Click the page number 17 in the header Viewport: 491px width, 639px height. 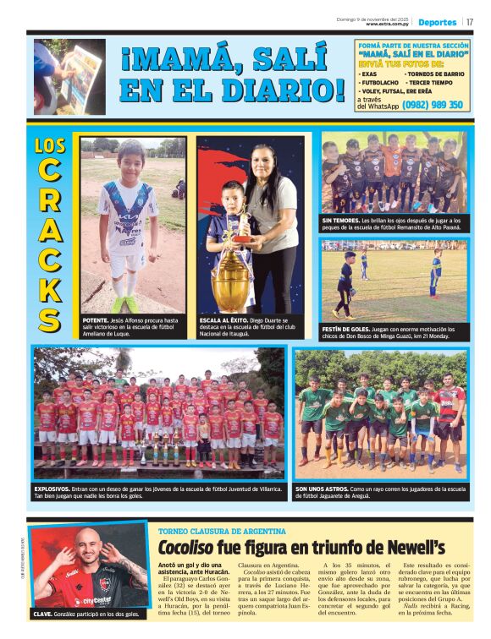pyautogui.click(x=470, y=22)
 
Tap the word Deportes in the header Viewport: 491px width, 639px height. pyautogui.click(x=437, y=22)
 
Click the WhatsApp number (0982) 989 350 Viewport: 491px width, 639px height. pyautogui.click(x=433, y=105)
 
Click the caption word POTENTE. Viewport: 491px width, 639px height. pyautogui.click(x=95, y=321)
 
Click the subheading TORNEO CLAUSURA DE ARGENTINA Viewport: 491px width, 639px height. pyautogui.click(x=222, y=531)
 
